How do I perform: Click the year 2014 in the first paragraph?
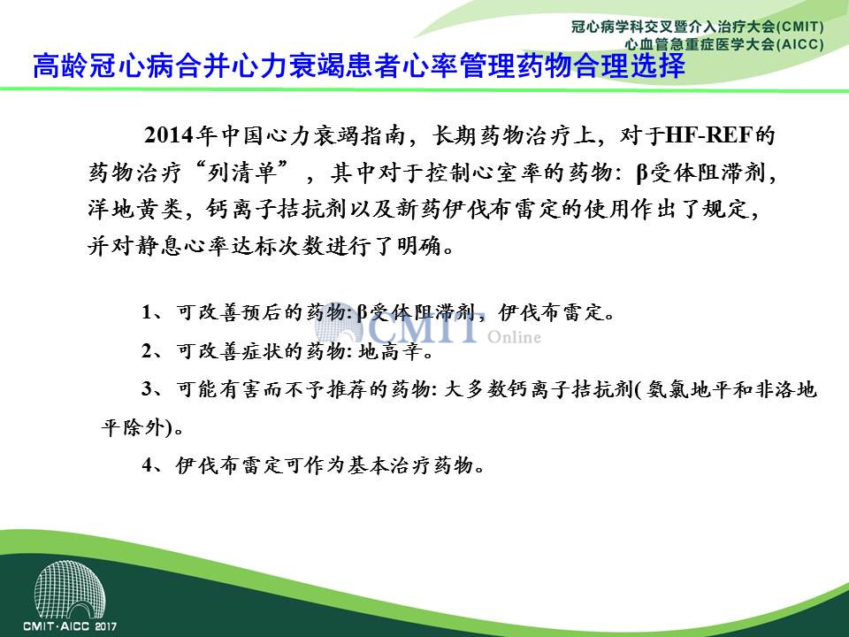[x=169, y=135]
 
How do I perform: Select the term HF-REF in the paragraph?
[x=708, y=134]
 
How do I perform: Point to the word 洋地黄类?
[x=135, y=209]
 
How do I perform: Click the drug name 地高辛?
[x=390, y=352]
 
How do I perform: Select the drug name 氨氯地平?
[x=678, y=390]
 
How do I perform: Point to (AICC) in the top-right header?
[x=799, y=44]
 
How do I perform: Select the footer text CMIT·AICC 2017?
[x=70, y=626]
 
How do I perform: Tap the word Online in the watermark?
[x=514, y=337]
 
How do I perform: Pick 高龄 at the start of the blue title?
[x=61, y=65]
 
